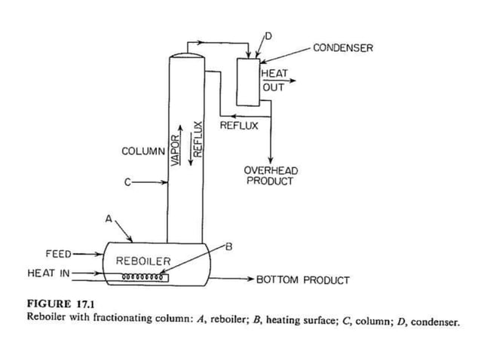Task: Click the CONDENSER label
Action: point(342,48)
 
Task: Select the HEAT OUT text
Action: point(273,81)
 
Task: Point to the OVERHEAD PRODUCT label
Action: point(271,176)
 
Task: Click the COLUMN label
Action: point(142,151)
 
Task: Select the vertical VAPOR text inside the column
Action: point(174,143)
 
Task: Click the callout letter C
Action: point(128,182)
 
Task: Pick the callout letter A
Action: point(109,219)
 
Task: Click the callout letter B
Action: point(228,247)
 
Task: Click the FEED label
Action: point(58,254)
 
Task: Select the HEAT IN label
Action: point(47,272)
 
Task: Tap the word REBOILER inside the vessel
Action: point(143,261)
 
